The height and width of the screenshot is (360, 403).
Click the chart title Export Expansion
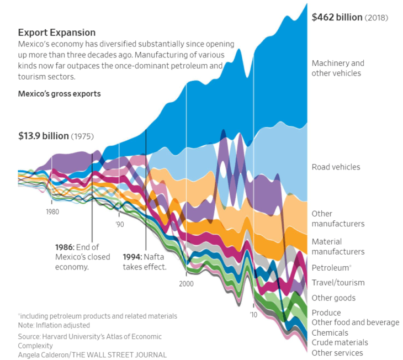coord(57,33)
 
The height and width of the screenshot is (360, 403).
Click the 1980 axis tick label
coord(52,212)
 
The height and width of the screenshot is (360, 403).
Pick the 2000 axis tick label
coord(187,283)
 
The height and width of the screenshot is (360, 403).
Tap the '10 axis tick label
coord(253,314)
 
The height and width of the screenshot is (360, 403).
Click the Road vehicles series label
coord(336,167)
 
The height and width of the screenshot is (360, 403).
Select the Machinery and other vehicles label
coord(338,68)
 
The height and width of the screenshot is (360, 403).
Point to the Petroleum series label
coord(331,267)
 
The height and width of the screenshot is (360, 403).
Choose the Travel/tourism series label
coord(338,283)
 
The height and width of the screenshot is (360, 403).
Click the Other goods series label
coord(333,298)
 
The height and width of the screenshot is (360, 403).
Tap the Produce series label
coord(326,313)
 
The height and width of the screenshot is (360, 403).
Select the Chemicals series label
coord(330,333)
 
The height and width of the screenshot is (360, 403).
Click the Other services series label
coord(337,353)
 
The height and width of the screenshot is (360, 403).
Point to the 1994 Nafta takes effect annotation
coord(144,262)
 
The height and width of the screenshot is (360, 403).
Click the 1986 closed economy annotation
coord(82,257)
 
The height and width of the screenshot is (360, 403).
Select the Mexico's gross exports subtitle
coord(59,94)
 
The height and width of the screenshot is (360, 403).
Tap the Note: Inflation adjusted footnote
coord(54,326)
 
